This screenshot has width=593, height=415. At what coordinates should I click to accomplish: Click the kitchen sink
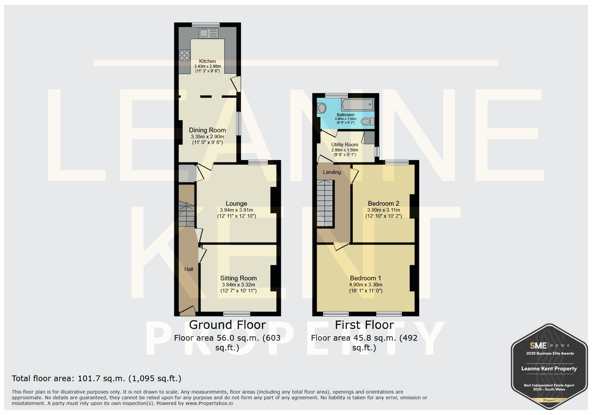[x=208, y=33]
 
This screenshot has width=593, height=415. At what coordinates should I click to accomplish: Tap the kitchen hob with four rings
[x=184, y=55]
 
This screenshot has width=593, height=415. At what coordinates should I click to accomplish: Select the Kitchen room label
[x=208, y=61]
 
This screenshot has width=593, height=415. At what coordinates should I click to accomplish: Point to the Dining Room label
[x=207, y=130]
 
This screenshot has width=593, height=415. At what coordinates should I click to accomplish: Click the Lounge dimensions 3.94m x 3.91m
[x=237, y=210]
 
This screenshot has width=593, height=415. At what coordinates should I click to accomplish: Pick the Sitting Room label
[x=238, y=278]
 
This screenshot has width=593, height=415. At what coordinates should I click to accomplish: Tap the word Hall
[x=189, y=269]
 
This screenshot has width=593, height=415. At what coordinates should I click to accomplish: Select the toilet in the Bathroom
[x=368, y=122]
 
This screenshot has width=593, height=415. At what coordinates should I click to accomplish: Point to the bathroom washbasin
[x=322, y=108]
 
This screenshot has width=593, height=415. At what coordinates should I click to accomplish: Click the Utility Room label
[x=345, y=145]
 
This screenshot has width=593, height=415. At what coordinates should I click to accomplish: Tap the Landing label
[x=332, y=172]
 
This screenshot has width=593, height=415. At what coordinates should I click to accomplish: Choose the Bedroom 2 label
[x=383, y=203]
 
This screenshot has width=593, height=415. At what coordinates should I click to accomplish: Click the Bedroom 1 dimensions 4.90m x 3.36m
[x=366, y=285]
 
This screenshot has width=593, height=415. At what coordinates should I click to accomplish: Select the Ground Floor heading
[x=227, y=325]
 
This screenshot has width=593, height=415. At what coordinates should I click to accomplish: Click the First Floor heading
[x=364, y=325]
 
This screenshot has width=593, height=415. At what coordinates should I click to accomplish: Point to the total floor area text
[x=96, y=378]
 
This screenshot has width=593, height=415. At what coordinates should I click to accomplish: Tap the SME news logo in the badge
[x=549, y=345]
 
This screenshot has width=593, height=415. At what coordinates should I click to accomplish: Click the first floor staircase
[x=325, y=204]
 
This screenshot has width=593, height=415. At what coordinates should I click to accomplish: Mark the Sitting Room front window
[x=237, y=314]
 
